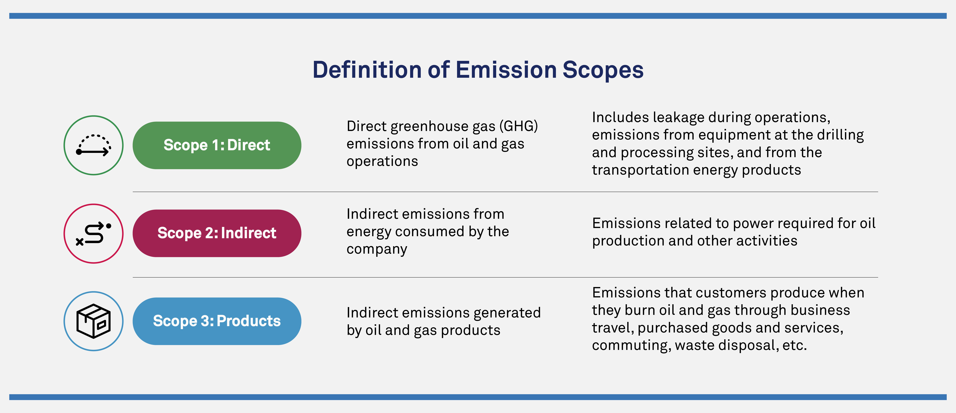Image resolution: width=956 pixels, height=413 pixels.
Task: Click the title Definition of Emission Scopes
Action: click(x=478, y=70)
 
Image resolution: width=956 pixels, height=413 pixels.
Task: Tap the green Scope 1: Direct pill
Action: click(x=217, y=145)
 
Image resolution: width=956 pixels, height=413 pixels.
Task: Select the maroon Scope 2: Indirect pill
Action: click(x=217, y=233)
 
